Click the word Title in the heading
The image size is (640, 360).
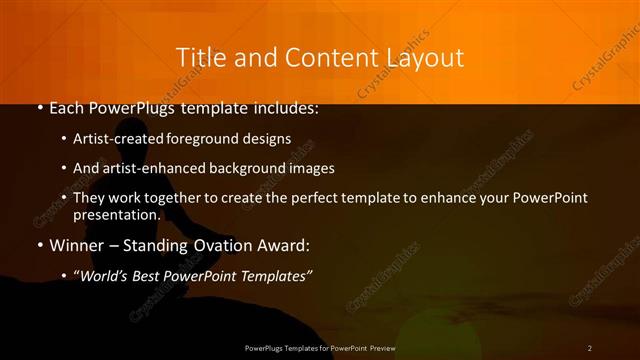[198, 58]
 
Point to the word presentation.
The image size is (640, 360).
[116, 214]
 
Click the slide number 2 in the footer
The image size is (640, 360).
[589, 347]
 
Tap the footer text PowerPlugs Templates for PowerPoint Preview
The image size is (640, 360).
[320, 347]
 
